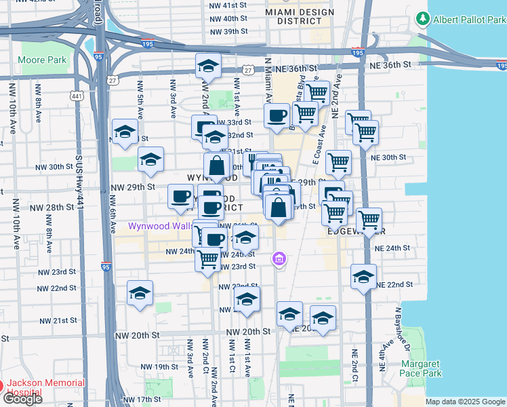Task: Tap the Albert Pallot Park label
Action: click(x=470, y=19)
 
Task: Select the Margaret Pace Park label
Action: click(x=420, y=368)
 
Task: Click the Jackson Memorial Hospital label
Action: click(x=46, y=387)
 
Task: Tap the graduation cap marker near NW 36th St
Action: click(x=208, y=66)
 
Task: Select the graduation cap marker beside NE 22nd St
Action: click(x=364, y=277)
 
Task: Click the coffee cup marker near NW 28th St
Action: click(x=180, y=197)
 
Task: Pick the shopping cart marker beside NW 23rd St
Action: click(x=208, y=258)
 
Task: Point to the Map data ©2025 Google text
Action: click(x=465, y=402)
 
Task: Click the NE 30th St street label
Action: click(x=389, y=157)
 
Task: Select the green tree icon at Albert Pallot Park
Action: click(x=423, y=18)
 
